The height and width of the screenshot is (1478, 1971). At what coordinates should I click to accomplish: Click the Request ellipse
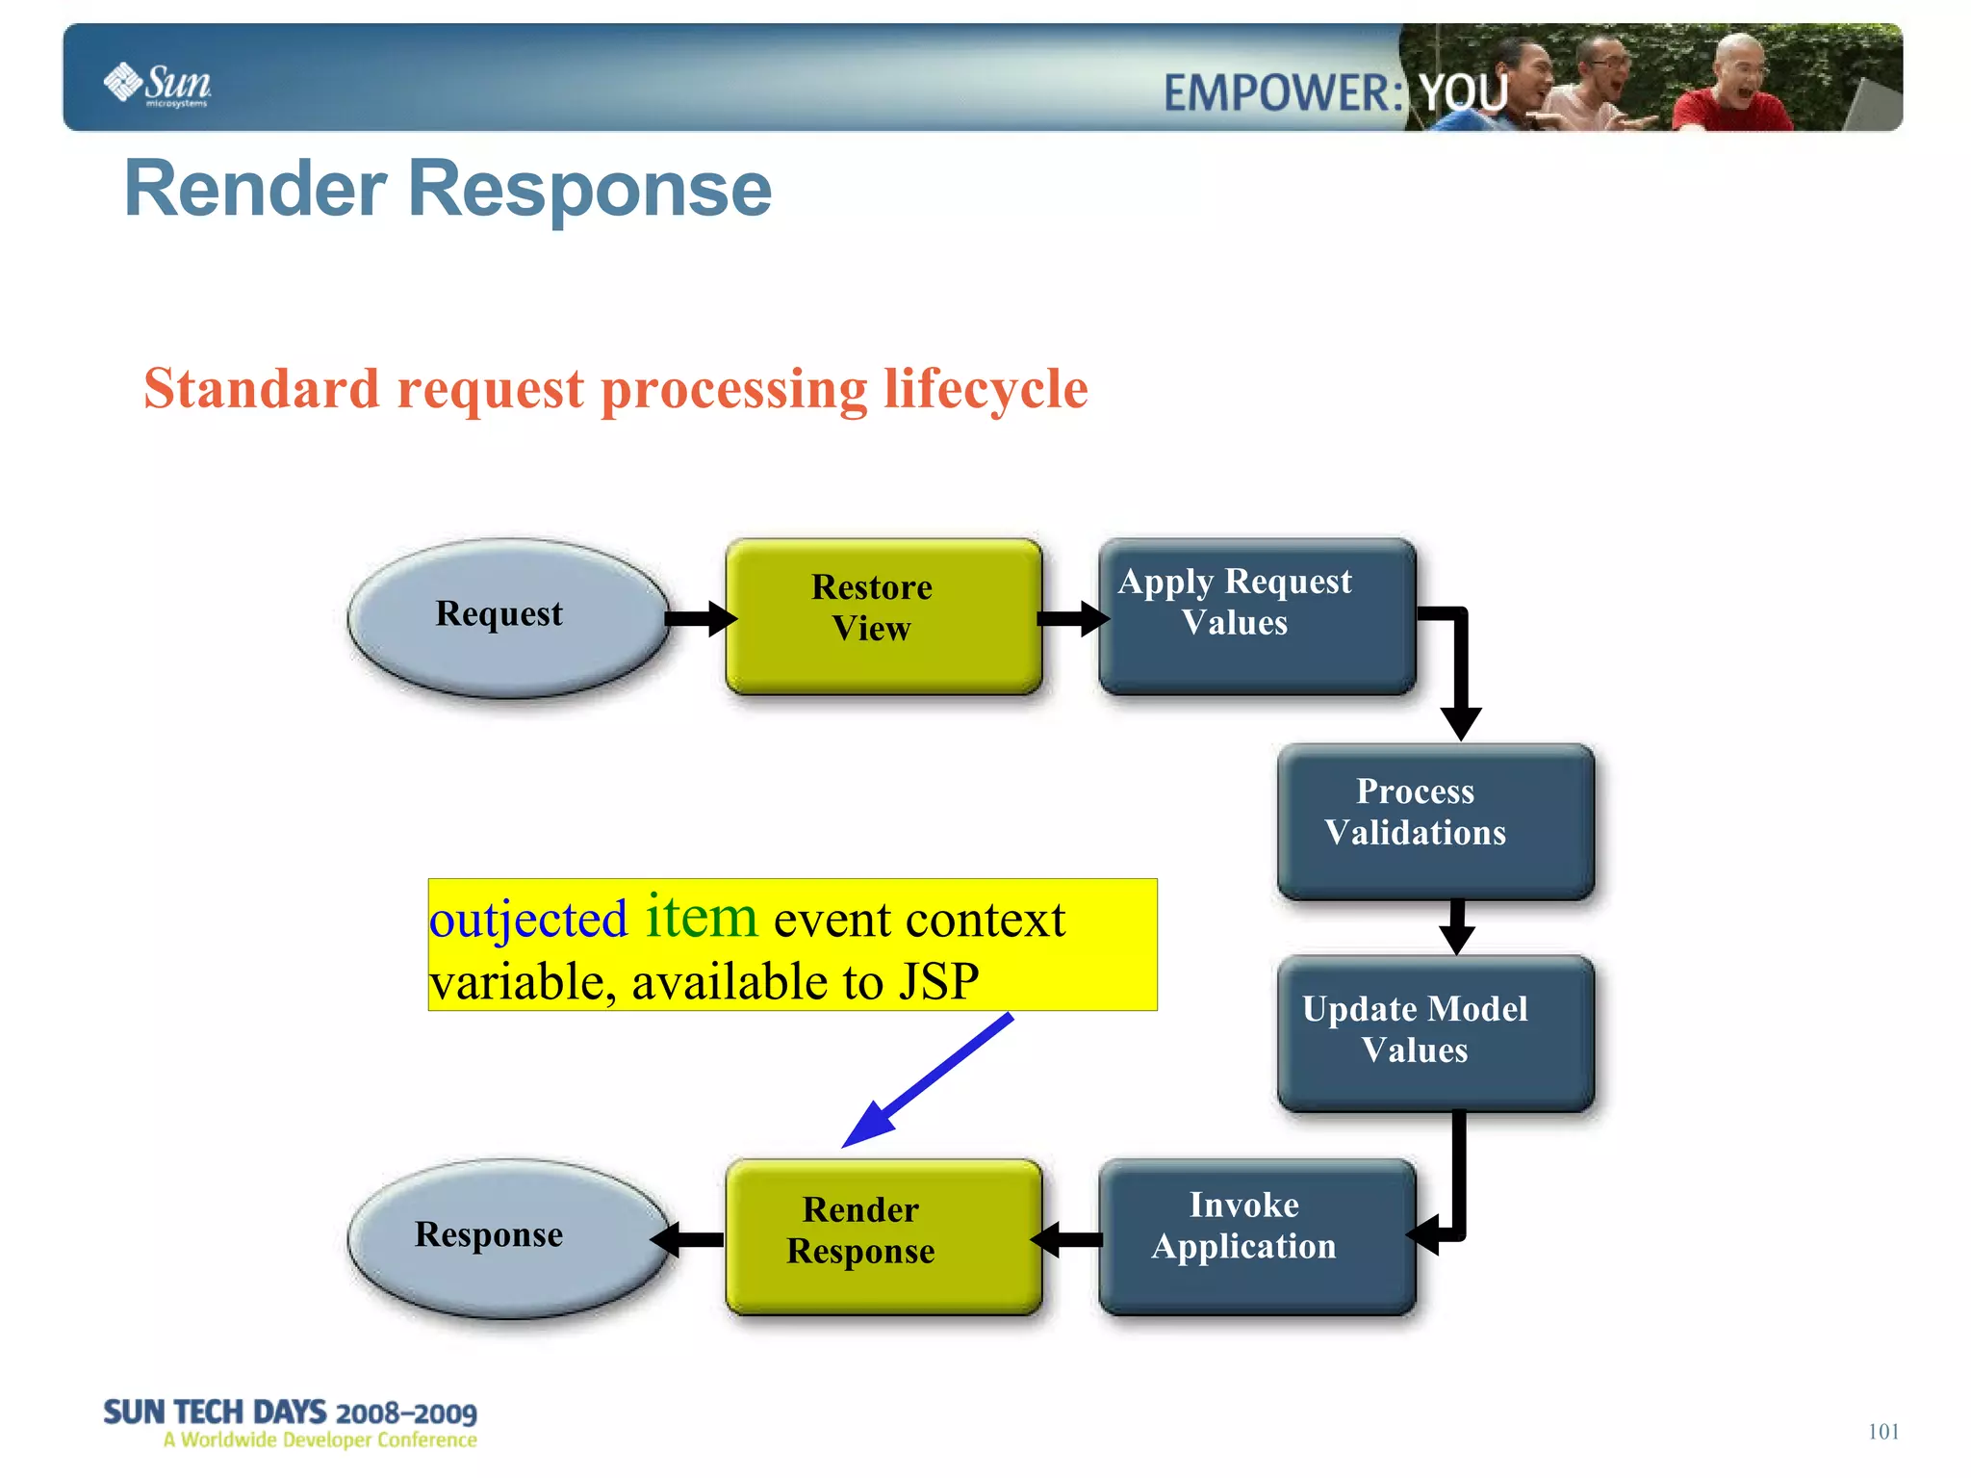507,617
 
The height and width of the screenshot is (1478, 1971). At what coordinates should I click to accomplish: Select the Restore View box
883,616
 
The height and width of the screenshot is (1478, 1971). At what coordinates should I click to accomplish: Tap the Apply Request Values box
1256,616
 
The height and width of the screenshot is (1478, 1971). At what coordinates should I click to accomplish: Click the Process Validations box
1435,820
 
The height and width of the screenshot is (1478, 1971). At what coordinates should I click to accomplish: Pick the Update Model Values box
1435,1032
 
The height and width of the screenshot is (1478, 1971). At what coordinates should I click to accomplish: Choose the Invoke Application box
1256,1236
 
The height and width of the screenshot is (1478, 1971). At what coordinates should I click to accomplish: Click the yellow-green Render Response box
883,1236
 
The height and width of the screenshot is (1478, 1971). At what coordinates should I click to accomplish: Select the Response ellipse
507,1238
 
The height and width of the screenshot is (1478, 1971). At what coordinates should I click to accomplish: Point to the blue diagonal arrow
929,1079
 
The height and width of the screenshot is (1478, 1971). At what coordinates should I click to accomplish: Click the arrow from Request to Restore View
701,618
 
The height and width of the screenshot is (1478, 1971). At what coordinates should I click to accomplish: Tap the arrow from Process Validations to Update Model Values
1457,926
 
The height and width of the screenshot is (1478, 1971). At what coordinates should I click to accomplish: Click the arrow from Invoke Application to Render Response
1068,1239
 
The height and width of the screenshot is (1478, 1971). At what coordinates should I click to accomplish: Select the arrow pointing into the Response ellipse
687,1239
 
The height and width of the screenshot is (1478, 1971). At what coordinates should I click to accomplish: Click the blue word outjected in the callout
527,919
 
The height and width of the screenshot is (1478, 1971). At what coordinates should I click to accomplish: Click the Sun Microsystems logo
157,85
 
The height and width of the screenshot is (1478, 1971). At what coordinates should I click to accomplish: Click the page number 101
1882,1431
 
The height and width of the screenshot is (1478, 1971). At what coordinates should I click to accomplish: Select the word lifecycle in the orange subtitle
985,389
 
